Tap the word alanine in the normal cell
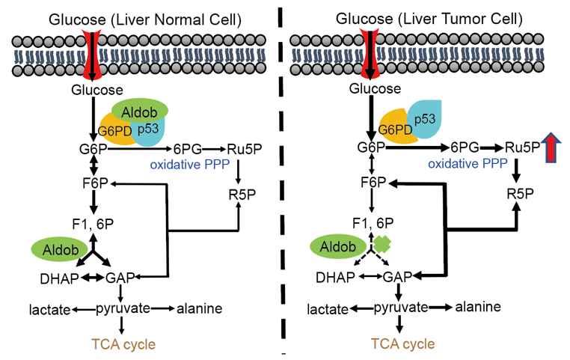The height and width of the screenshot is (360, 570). tap(199, 308)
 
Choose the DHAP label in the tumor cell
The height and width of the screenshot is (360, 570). tap(332, 277)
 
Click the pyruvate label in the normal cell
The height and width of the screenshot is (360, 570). tap(123, 308)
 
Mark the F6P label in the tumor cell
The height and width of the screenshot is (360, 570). tap(372, 182)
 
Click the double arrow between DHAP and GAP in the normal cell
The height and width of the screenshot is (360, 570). tap(91, 278)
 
